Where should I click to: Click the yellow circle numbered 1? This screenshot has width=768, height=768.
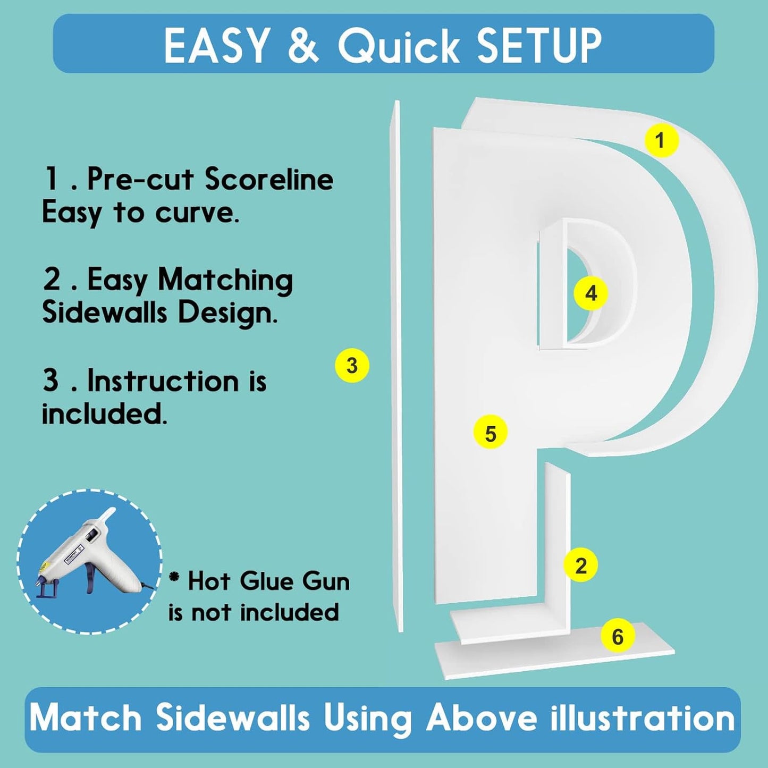661,140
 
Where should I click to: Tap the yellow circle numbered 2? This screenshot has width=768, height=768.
581,565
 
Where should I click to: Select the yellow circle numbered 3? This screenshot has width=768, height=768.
352,365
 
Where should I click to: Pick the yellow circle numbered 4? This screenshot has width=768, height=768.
591,294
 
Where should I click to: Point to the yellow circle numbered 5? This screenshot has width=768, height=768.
490,433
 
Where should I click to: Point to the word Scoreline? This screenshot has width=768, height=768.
269,179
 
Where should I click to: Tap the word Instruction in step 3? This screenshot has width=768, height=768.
163,381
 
